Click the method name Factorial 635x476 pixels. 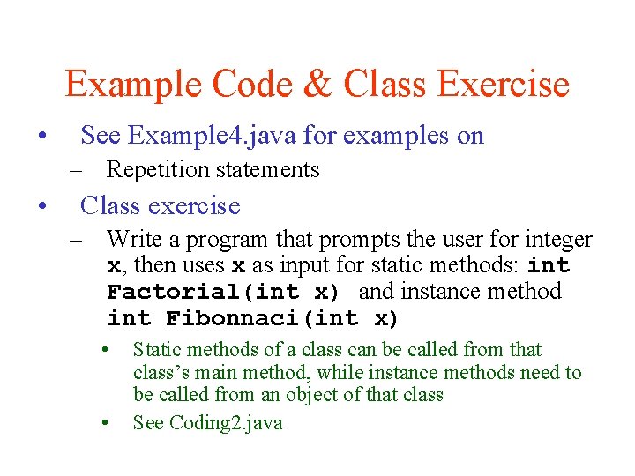(165, 293)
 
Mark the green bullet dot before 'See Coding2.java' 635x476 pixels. (104, 423)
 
